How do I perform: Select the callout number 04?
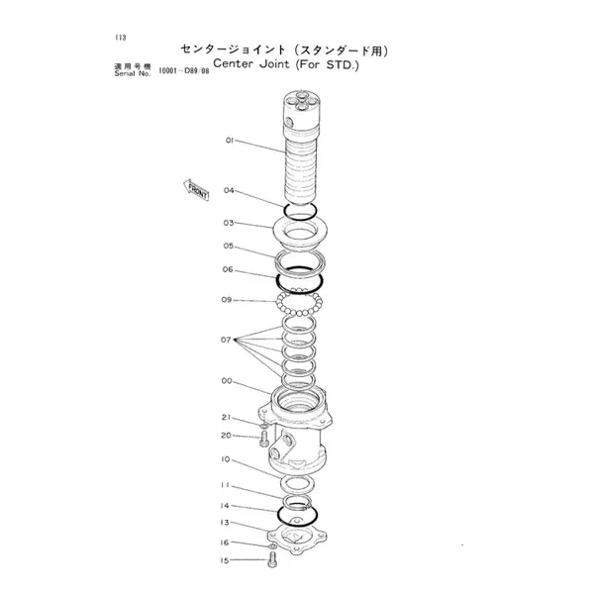(229, 190)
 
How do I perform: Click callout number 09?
(228, 299)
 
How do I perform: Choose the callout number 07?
(226, 340)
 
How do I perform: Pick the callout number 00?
(227, 381)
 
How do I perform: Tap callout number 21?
(226, 417)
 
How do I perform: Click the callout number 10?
(227, 459)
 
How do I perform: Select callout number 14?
(227, 505)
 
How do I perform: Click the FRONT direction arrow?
(194, 189)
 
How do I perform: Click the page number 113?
(120, 37)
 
